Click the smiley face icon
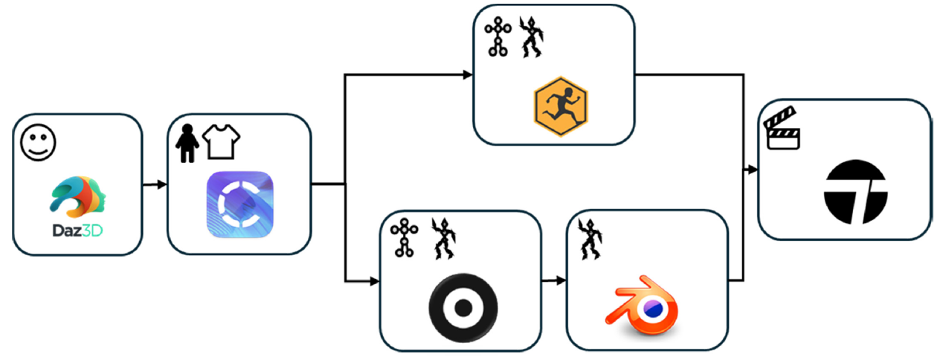point(33,141)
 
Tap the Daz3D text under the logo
point(77,232)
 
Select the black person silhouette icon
point(186,144)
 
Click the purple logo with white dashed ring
point(239,205)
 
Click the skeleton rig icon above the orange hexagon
point(496,37)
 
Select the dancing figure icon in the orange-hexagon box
point(530,37)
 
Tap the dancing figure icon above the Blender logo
point(591,237)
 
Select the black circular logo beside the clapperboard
point(855,191)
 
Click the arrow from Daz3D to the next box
point(154,184)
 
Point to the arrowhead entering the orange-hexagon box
point(468,74)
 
